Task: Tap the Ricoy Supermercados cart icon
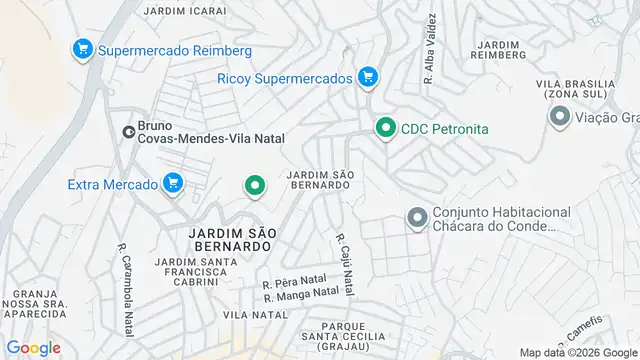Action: [367, 77]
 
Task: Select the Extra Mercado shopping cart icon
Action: [174, 184]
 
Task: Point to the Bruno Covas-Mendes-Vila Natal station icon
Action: [128, 131]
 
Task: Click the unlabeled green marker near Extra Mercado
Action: [255, 185]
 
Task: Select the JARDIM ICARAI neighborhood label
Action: [184, 11]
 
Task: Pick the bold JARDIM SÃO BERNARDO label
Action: [230, 238]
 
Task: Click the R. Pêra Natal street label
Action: [295, 284]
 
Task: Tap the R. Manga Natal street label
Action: [301, 294]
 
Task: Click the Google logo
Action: [33, 348]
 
